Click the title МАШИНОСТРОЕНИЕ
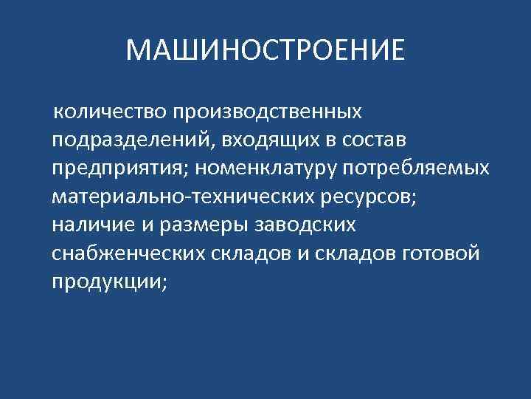[x=265, y=50]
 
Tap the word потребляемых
[x=413, y=168]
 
